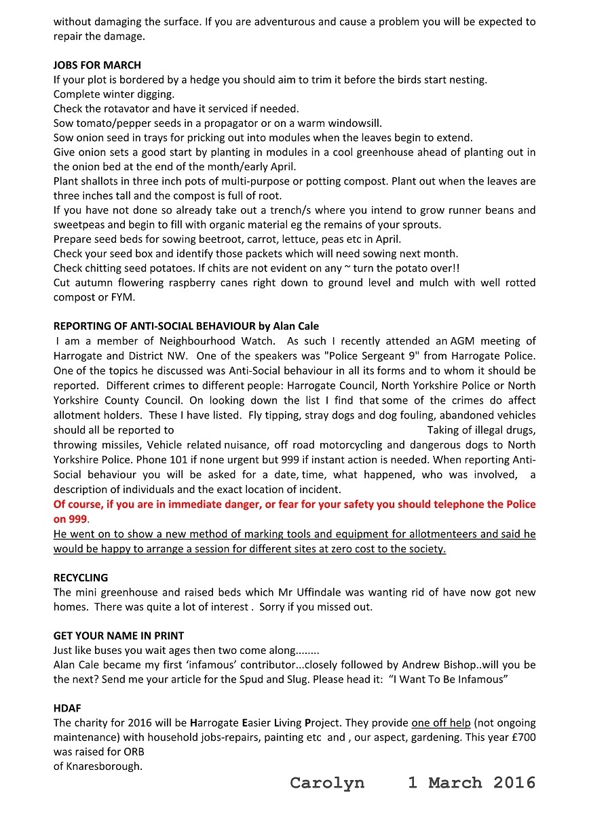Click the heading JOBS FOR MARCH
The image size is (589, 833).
point(97,65)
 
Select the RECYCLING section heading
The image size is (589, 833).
point(81,578)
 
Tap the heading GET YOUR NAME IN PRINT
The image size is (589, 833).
point(119,636)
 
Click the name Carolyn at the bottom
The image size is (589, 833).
point(326,783)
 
